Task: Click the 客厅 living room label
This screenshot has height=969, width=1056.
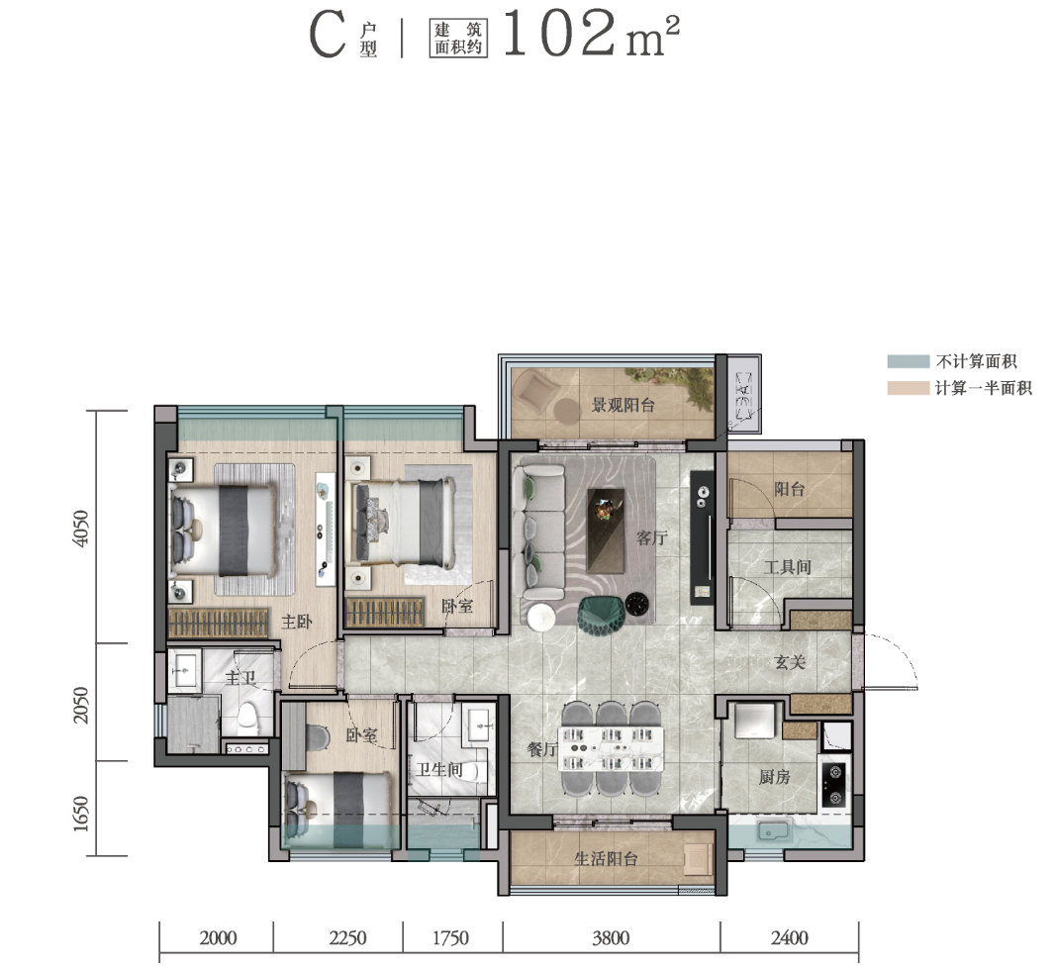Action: (651, 538)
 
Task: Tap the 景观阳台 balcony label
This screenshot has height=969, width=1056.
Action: (623, 406)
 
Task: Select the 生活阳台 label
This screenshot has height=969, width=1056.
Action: (606, 858)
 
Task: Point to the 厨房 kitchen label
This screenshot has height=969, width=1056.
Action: (775, 777)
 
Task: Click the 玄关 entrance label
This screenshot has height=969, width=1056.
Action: (790, 662)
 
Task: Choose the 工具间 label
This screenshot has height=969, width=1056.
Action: (787, 567)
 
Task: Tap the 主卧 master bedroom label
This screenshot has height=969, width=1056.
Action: (297, 622)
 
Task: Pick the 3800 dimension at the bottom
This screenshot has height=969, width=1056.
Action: (611, 938)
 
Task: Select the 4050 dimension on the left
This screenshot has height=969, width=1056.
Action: (81, 529)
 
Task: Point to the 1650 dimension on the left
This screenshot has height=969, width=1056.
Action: (81, 814)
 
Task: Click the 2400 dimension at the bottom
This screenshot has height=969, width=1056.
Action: (790, 938)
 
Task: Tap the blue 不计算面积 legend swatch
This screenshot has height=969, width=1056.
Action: (908, 361)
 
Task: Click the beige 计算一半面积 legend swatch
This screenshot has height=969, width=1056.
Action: (908, 388)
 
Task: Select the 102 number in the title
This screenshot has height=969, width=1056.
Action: (559, 34)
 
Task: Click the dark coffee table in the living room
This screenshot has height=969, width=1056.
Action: (606, 531)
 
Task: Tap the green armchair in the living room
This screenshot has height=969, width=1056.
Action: (601, 615)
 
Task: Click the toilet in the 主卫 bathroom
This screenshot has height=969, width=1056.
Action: (248, 719)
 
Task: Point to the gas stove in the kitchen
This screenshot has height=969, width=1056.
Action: (834, 785)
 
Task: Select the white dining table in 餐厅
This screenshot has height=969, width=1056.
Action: (611, 749)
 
